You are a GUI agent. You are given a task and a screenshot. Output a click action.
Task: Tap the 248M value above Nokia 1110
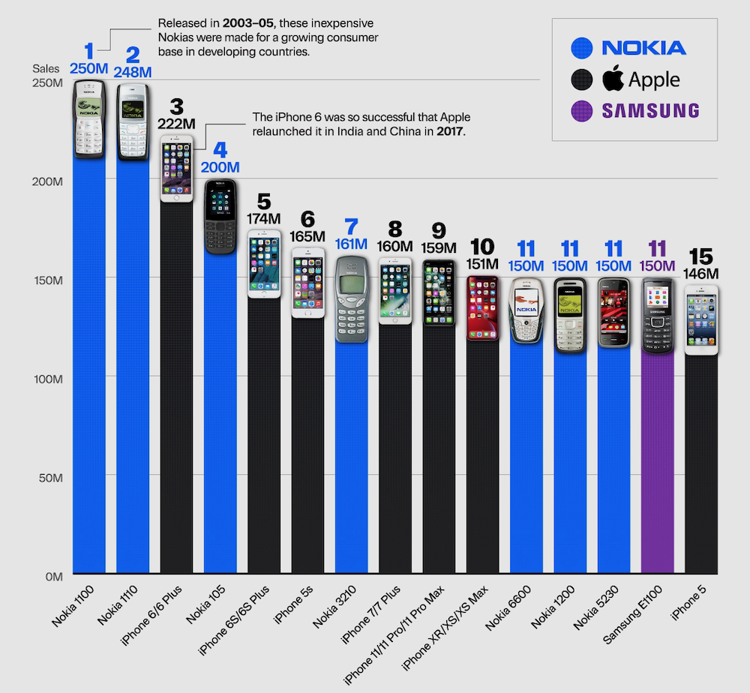click(x=133, y=73)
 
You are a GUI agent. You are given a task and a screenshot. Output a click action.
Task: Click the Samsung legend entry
click(x=649, y=111)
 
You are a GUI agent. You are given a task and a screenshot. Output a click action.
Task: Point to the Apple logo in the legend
click(x=613, y=78)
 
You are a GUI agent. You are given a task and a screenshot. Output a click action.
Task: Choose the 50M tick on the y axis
click(x=49, y=478)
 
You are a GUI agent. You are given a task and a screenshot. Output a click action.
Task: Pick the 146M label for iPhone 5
click(x=701, y=274)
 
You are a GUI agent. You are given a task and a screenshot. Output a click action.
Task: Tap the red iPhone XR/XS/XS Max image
click(x=482, y=307)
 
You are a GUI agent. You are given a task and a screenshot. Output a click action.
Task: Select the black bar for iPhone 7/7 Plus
click(x=394, y=450)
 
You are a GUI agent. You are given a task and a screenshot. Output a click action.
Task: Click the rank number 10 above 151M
click(x=481, y=247)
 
